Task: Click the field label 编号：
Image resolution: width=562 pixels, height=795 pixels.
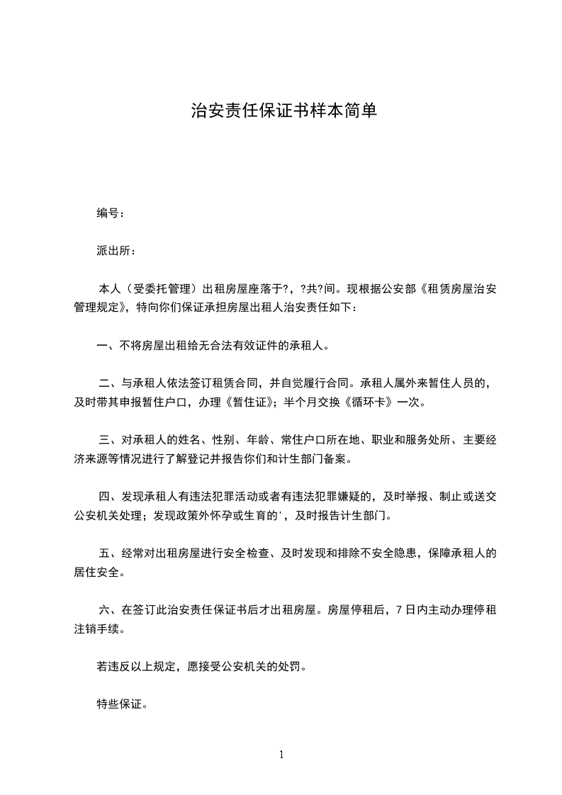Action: pos(111,213)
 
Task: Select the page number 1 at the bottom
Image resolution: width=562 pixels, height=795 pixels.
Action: pos(281,755)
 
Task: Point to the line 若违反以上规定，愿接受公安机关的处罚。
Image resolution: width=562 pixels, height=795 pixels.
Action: pos(202,667)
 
